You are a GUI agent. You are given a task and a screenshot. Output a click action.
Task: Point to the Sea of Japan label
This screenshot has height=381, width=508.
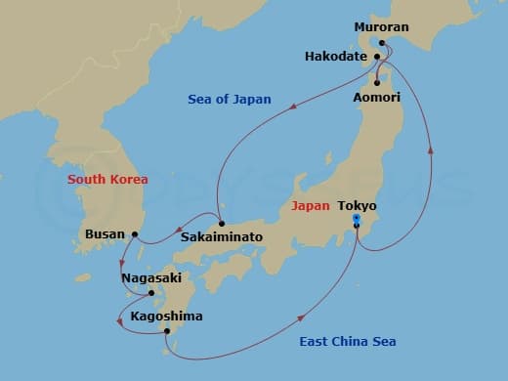(229, 100)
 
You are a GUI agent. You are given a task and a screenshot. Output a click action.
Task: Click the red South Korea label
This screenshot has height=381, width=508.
(107, 180)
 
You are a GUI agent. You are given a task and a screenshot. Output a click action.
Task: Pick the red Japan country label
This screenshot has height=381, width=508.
(310, 206)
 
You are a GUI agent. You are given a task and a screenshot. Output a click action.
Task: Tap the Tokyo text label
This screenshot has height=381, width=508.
(357, 206)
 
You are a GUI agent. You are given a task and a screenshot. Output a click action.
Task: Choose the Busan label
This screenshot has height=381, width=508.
(106, 234)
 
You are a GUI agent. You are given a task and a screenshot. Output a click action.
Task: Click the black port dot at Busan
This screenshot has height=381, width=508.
(136, 234)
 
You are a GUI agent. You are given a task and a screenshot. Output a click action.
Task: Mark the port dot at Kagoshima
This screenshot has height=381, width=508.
(167, 332)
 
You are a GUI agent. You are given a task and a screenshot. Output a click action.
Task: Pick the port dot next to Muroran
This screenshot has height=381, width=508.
(382, 43)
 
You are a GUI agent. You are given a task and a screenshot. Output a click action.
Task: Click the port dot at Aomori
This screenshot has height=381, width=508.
(376, 83)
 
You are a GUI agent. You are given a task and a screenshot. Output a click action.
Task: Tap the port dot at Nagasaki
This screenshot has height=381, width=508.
(151, 292)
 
